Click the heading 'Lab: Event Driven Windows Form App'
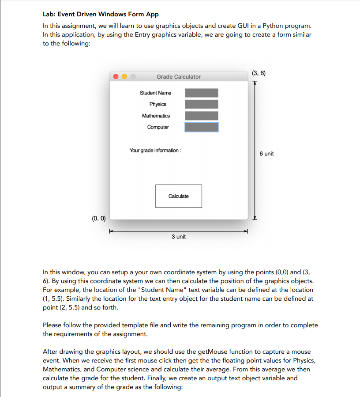[101, 15]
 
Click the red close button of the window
[116, 77]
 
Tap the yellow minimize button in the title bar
[124, 77]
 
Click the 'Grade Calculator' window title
[178, 77]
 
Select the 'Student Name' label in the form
[155, 93]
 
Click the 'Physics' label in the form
[157, 104]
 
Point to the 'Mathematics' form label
[156, 116]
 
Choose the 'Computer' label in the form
[158, 127]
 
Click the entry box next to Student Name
[201, 93]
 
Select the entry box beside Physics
[201, 104]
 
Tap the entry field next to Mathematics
[201, 116]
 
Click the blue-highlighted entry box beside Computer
[201, 127]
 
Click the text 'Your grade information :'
[155, 151]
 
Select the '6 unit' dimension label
[266, 154]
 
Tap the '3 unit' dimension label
[179, 237]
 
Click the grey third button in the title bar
[133, 77]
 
